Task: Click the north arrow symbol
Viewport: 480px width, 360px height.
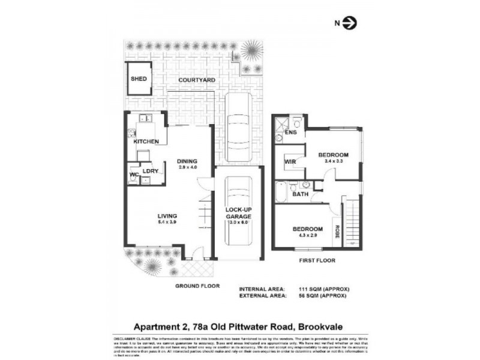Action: click(x=352, y=23)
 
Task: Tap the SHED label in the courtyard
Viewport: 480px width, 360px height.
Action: click(x=139, y=79)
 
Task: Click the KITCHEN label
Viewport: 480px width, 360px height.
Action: click(x=146, y=141)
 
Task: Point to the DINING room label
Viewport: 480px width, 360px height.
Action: click(x=187, y=161)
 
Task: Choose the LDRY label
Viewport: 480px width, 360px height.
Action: click(x=150, y=170)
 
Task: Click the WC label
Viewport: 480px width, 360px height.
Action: click(x=134, y=176)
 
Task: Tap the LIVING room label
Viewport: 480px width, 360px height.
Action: click(x=167, y=216)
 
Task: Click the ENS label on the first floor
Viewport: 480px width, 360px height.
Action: click(x=292, y=132)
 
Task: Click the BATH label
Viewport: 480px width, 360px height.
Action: click(x=300, y=194)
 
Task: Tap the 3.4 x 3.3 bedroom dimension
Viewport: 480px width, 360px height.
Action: click(x=333, y=161)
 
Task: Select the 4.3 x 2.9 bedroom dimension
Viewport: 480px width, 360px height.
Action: click(x=308, y=235)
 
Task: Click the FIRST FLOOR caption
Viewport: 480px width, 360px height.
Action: click(x=318, y=261)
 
